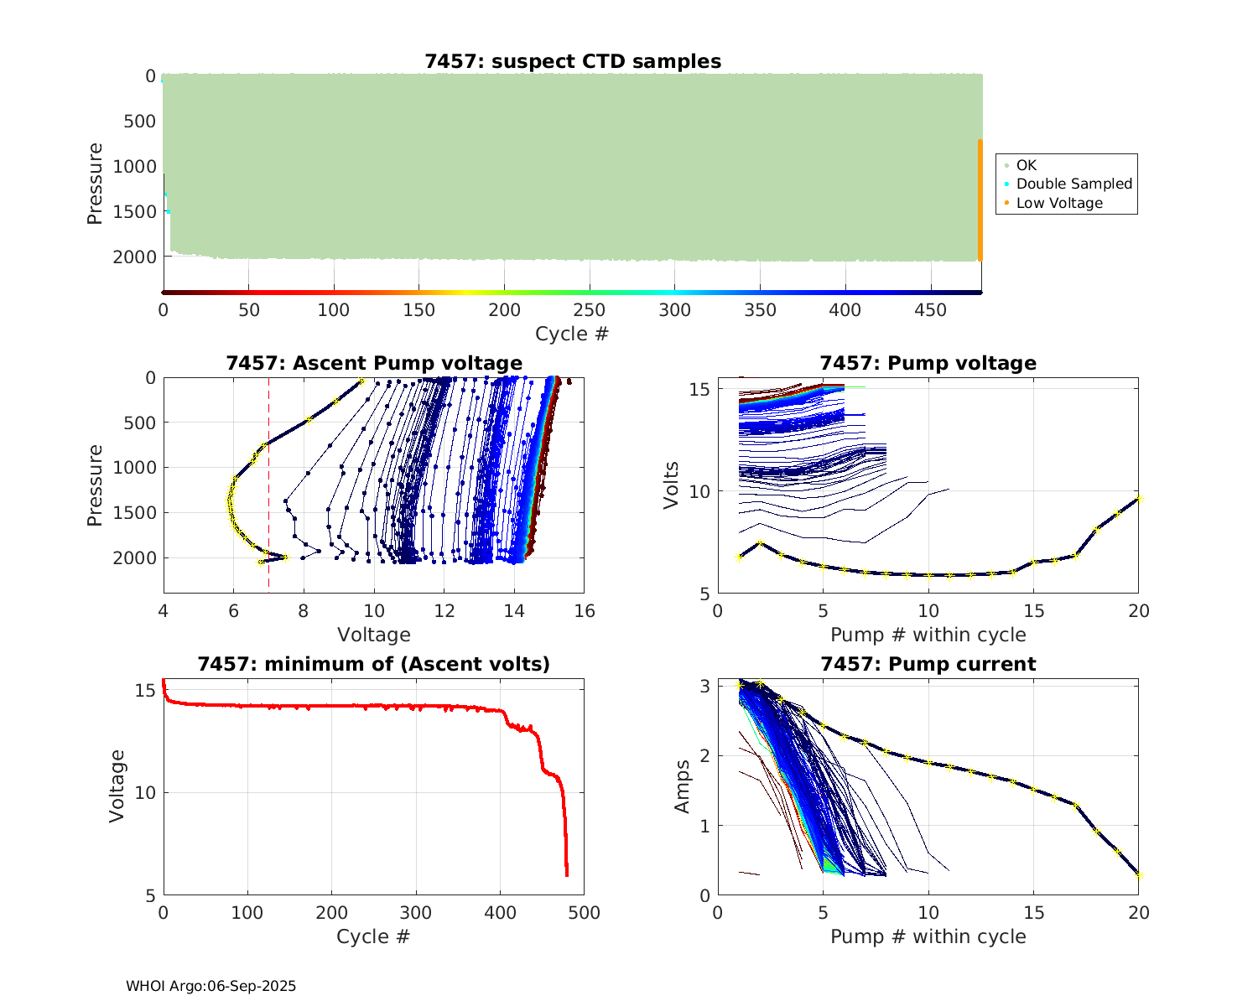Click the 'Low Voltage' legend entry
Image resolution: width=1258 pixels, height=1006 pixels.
pos(1059,203)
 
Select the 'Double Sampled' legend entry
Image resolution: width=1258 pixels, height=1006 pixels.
pos(1073,184)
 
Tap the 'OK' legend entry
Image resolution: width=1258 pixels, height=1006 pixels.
pos(1027,165)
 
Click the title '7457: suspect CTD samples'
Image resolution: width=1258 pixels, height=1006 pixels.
pos(573,61)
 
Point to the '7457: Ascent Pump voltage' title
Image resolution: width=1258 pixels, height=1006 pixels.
pos(374,363)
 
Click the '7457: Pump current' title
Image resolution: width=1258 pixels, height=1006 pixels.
pos(928,664)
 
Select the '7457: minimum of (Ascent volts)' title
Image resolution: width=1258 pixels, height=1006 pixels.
pos(374,664)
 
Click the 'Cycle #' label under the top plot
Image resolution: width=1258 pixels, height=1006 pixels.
pos(572,334)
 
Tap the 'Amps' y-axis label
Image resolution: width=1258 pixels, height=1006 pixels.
pos(683,786)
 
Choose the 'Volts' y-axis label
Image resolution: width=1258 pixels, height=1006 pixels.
pos(671,485)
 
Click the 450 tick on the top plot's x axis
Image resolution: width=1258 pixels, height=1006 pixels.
pos(930,310)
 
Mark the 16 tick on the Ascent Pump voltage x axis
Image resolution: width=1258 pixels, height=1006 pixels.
pos(585,611)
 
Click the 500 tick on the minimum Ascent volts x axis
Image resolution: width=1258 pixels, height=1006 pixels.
pos(585,912)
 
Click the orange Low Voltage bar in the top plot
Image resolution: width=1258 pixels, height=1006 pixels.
pos(980,201)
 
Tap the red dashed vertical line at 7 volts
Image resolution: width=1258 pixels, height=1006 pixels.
pos(268,486)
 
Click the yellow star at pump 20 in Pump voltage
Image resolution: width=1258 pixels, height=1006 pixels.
pos(1138,499)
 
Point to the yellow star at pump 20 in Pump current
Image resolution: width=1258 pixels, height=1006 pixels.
pos(1138,874)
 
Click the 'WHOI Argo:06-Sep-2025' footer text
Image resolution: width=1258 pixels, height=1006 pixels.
pos(211,986)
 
